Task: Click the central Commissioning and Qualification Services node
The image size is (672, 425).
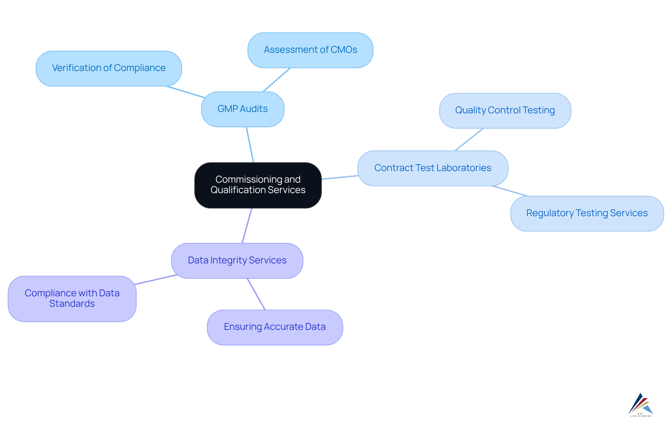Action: click(258, 185)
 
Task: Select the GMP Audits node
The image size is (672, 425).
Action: click(243, 109)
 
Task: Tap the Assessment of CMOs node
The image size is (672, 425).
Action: click(310, 50)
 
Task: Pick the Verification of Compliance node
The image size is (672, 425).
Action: click(108, 68)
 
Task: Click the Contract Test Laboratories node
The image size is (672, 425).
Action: click(433, 168)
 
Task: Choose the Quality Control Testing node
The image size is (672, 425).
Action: click(505, 111)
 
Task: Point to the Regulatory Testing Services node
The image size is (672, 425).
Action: click(587, 213)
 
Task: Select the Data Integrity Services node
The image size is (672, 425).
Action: click(237, 261)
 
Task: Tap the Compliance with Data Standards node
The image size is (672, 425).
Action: click(72, 298)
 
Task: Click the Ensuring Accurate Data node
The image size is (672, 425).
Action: click(275, 327)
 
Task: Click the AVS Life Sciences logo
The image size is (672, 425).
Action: click(640, 405)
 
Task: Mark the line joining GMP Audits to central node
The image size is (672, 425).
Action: click(250, 145)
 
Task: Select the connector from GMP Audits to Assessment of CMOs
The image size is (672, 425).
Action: click(276, 80)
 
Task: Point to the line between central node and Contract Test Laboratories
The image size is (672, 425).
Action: click(339, 177)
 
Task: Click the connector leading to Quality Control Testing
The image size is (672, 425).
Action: click(469, 140)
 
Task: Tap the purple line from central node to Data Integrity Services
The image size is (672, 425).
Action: click(247, 226)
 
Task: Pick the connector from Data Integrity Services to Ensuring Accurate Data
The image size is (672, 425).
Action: click(256, 294)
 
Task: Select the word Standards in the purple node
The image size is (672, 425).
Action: click(72, 304)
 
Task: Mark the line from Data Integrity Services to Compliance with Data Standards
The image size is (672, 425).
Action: click(156, 279)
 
